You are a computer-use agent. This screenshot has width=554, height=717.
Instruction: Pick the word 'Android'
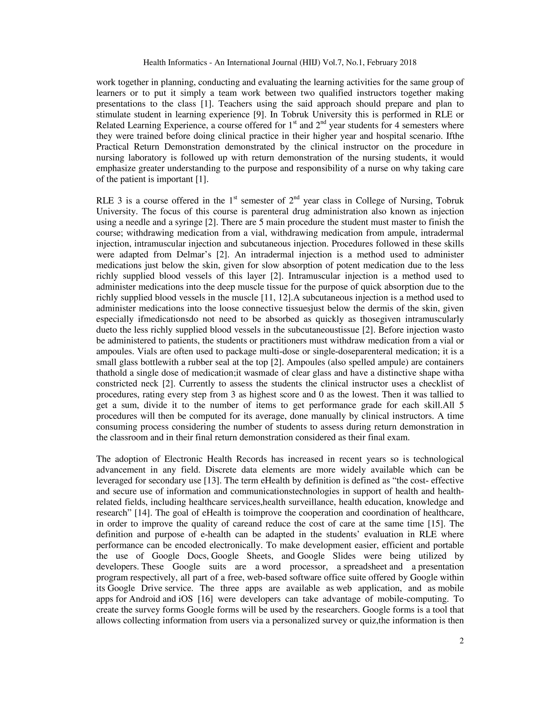145,599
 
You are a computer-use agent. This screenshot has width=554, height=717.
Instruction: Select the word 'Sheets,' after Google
259,556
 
